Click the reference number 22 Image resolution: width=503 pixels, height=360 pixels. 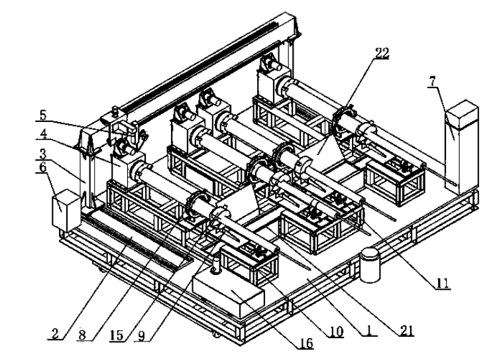382,53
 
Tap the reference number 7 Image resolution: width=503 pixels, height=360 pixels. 433,82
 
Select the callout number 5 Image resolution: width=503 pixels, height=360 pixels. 43,115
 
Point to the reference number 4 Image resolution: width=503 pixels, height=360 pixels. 43,134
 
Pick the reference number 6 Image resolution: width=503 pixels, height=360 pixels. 42,167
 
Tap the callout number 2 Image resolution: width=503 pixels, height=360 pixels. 55,333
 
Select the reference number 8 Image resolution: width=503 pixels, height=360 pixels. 82,335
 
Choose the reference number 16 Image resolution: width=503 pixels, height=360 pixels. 306,343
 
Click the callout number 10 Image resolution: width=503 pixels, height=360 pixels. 336,331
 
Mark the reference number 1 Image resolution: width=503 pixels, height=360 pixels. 369,330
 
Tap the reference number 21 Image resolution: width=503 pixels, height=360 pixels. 406,330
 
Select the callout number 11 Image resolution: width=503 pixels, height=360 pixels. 442,283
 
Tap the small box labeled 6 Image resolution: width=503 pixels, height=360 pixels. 66,210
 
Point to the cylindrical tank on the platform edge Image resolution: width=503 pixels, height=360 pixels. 370,265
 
